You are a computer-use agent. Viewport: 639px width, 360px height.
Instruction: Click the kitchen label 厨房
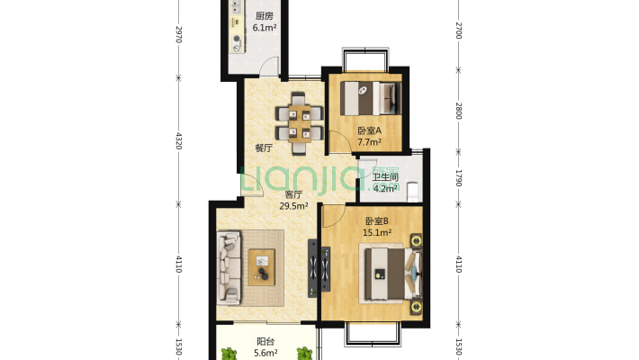[264, 16]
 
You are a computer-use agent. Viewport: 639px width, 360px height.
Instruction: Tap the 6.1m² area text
[265, 28]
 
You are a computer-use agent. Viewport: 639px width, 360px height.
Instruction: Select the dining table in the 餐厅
[300, 123]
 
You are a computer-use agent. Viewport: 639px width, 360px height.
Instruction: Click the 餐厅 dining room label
[264, 148]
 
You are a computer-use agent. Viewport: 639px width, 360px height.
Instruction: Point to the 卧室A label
[369, 130]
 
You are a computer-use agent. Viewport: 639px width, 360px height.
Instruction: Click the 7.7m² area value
[369, 142]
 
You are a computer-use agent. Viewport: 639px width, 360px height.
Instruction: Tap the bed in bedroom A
[371, 98]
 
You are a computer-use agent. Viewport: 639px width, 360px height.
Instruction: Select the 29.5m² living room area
[293, 206]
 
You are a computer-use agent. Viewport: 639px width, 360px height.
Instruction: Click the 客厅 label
[293, 194]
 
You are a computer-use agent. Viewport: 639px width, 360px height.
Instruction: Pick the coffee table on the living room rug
[262, 267]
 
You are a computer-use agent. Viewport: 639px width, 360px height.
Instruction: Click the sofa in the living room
[229, 268]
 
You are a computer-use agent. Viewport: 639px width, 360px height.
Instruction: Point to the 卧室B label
[377, 221]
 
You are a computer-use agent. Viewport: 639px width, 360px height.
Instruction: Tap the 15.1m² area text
[377, 233]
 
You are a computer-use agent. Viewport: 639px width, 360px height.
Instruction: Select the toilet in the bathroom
[412, 192]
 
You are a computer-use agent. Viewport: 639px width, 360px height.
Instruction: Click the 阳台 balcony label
[265, 342]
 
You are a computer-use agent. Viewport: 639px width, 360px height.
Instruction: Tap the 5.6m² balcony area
[265, 353]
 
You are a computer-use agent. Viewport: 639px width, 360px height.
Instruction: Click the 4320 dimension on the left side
[178, 140]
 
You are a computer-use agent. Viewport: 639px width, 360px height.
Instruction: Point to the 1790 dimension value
[458, 178]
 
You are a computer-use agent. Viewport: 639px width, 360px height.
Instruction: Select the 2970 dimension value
[178, 34]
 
